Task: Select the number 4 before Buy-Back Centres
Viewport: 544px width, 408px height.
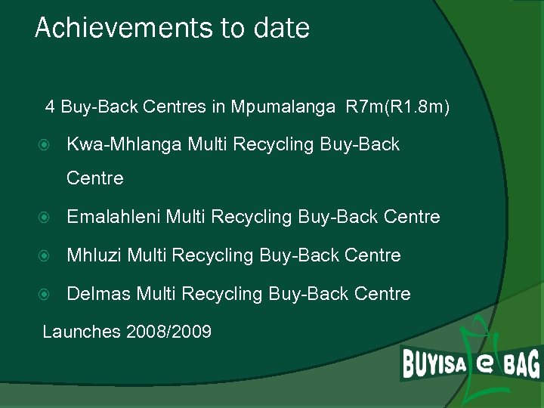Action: [50, 107]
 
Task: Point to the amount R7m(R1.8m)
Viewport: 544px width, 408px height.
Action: [397, 107]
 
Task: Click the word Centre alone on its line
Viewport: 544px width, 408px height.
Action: [95, 179]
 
